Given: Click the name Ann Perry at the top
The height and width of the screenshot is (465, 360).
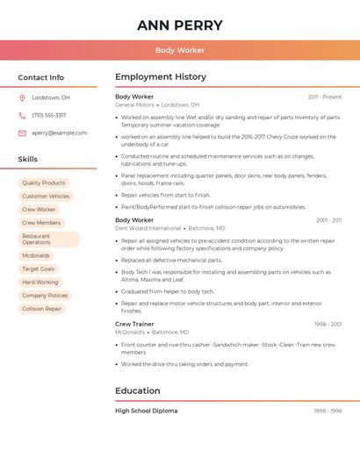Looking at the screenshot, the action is [180, 25].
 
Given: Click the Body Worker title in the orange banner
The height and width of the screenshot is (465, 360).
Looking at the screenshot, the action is [180, 50].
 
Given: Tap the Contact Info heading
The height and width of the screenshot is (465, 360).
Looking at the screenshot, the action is [41, 77].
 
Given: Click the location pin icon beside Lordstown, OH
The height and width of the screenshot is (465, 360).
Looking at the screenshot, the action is [22, 97].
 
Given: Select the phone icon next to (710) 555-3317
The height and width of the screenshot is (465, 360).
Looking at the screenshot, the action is [22, 115].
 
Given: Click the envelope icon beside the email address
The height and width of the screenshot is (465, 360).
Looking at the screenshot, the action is [22, 133].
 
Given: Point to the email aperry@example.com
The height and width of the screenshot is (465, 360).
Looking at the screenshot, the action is [59, 133].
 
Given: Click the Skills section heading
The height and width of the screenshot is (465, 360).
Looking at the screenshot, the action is [28, 160].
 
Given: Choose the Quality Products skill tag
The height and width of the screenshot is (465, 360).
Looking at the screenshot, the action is [44, 182].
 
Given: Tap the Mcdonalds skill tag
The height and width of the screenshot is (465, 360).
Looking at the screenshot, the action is [36, 255].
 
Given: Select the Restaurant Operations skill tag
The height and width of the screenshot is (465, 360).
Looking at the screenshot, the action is [48, 239].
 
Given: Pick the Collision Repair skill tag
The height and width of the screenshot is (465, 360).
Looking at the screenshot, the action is [42, 309].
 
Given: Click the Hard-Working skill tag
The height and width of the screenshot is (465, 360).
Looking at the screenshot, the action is [40, 283].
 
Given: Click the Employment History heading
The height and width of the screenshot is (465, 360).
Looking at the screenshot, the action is [161, 77].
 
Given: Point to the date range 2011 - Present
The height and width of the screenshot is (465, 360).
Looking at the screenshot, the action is [325, 97].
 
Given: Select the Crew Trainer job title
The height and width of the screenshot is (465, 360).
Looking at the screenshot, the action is [134, 324].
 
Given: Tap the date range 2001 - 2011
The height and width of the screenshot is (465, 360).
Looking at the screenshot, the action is [329, 220].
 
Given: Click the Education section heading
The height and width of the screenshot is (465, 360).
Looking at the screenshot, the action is [138, 390].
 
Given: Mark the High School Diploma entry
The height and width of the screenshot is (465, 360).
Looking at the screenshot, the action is [146, 411].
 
